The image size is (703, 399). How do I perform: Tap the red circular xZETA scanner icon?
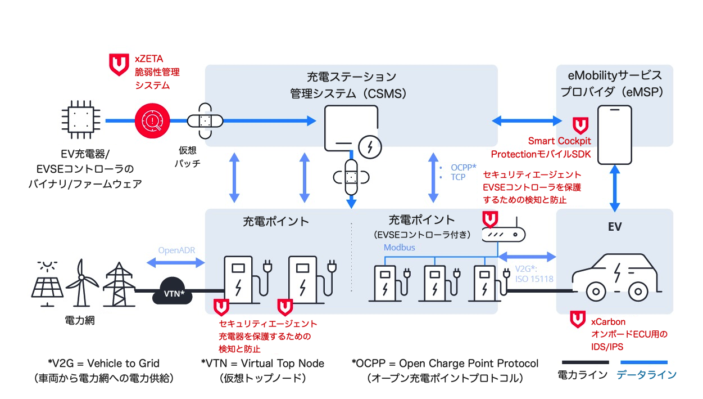[x=151, y=120]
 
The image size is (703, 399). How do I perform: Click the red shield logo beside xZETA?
[x=118, y=65]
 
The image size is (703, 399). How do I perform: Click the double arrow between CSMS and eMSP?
[x=527, y=120]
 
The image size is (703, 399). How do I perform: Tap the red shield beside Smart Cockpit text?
[x=579, y=125]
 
